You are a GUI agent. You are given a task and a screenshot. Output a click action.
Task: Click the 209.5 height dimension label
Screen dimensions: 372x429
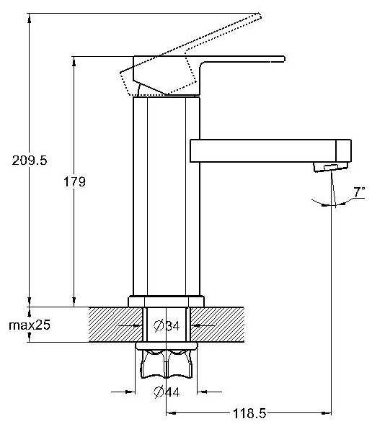click(30, 161)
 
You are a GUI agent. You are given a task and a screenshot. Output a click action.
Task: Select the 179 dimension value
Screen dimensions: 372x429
click(74, 181)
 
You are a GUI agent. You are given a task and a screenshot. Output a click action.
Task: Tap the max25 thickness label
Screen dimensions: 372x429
click(30, 325)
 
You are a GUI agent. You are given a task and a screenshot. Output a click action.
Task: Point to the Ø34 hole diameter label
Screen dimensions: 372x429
click(167, 326)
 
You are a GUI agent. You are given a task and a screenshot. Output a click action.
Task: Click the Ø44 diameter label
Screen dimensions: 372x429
click(167, 392)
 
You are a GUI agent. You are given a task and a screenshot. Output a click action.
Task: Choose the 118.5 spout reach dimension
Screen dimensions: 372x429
click(249, 413)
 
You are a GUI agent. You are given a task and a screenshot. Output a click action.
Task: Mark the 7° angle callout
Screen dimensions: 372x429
click(359, 192)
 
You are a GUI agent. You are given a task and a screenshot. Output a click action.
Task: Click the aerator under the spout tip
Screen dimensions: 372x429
click(331, 167)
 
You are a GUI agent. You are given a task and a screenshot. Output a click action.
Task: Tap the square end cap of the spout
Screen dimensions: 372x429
click(344, 150)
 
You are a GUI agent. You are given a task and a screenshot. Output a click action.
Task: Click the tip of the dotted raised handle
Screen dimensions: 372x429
click(259, 15)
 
